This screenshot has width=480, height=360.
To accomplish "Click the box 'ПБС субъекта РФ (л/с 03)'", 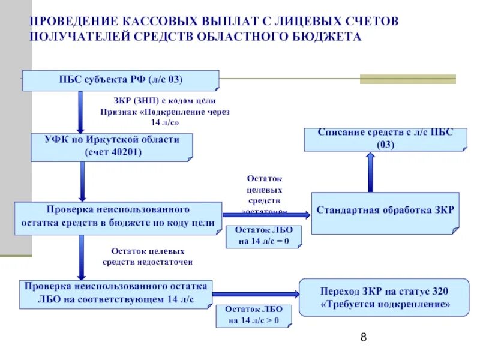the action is click(120, 80).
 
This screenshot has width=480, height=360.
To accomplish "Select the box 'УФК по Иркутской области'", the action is click(113, 146).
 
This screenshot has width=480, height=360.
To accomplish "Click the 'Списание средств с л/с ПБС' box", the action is click(385, 139).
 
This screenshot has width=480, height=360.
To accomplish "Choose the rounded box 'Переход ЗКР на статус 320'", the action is click(385, 298).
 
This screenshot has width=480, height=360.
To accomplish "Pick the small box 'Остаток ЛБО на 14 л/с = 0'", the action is click(263, 236).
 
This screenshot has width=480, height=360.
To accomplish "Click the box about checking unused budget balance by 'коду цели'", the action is click(118, 217).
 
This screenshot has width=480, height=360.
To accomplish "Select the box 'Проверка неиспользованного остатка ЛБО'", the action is click(116, 293).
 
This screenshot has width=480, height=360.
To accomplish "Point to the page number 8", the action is click(363, 338).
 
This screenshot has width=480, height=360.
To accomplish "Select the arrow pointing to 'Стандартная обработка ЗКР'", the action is click(267, 214).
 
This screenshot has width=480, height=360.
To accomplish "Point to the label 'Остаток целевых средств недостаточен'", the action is click(148, 256).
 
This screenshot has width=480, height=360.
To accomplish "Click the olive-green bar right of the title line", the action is click(407, 79).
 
